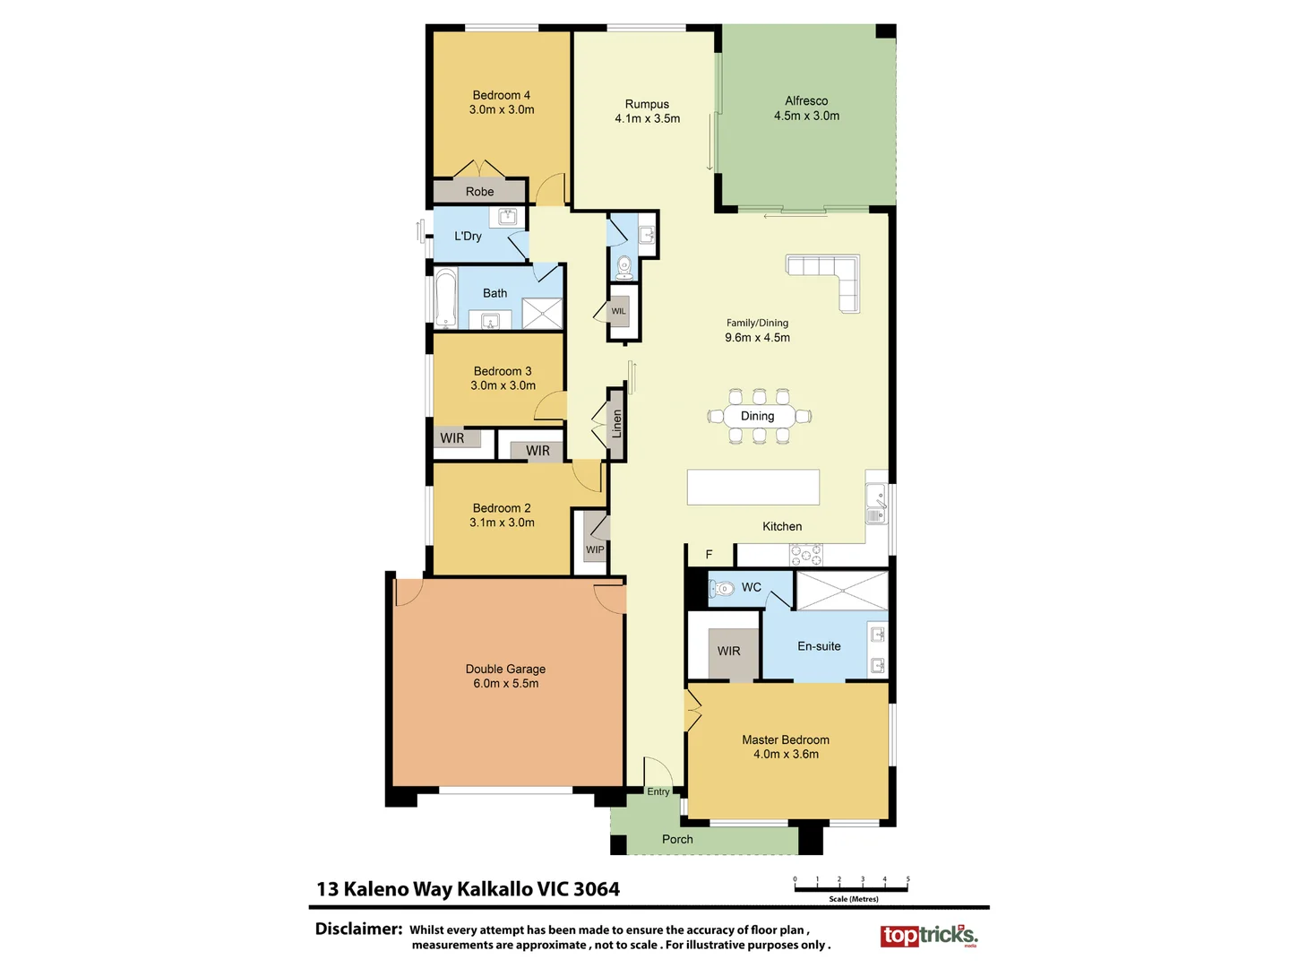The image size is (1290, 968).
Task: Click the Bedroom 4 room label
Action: coord(501,95)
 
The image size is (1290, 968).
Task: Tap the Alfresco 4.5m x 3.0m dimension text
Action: coord(806,116)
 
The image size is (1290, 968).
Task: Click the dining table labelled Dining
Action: coord(758,416)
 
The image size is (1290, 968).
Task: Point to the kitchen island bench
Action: coord(752,488)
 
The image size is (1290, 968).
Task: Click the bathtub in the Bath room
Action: coord(445,298)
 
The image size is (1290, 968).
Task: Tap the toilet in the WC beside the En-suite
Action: coord(722,589)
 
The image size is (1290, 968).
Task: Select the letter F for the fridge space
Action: coord(709,555)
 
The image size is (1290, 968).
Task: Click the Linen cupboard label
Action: coord(616,424)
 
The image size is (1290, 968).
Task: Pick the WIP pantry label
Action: coord(595,549)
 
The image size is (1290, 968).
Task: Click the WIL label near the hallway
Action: coord(618,311)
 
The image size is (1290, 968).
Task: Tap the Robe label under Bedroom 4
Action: coord(479,192)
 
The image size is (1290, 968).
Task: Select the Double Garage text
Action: coord(505,669)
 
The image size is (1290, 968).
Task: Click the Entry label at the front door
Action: coord(658,791)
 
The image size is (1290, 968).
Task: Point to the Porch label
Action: coord(677,839)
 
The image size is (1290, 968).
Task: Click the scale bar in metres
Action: coord(851,888)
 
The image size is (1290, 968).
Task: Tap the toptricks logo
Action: coord(928,936)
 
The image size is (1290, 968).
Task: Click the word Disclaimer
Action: coord(358,929)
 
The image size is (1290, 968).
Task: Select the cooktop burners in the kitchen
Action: coord(805,555)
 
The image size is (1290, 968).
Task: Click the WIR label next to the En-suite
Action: coord(728,651)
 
